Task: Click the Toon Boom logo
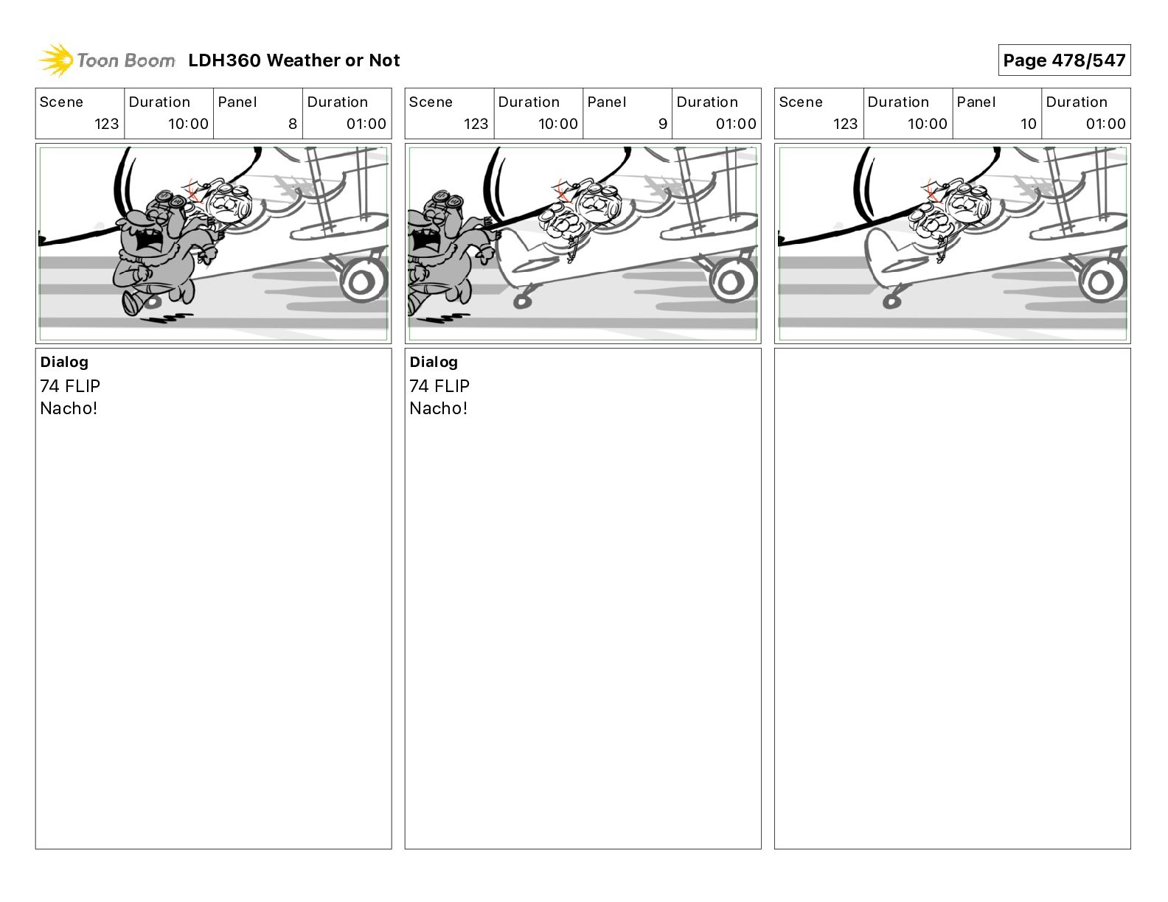107,60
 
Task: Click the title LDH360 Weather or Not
293,60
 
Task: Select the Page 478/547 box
1063,60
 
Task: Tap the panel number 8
292,124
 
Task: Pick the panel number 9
662,124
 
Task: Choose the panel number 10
1028,124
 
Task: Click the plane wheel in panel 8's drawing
362,281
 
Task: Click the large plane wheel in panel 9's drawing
731,281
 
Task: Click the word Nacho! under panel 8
69,408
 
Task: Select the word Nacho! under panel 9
438,408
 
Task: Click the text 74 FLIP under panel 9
439,386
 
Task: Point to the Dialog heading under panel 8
64,362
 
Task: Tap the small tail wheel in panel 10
891,301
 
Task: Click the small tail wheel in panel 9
523,301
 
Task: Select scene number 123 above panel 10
845,124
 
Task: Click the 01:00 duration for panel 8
366,124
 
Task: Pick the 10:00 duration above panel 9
557,124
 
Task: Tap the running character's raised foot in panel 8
131,303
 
